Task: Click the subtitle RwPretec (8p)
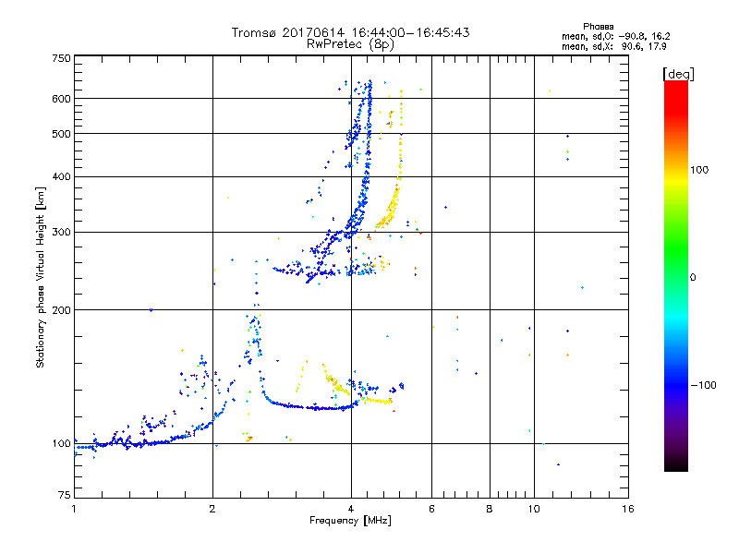click(x=350, y=43)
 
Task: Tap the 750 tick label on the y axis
click(x=61, y=58)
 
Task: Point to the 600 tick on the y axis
click(x=61, y=99)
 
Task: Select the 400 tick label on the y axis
click(x=61, y=177)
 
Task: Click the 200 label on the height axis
click(x=61, y=310)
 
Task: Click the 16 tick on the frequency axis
click(x=628, y=509)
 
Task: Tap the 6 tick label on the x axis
click(x=431, y=509)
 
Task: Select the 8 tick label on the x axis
click(x=490, y=509)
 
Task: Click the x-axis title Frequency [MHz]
click(x=350, y=522)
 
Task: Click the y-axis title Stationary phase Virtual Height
click(x=41, y=277)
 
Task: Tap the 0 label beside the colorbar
click(x=695, y=277)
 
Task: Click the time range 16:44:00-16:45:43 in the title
click(x=412, y=32)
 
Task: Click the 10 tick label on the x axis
click(x=533, y=509)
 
